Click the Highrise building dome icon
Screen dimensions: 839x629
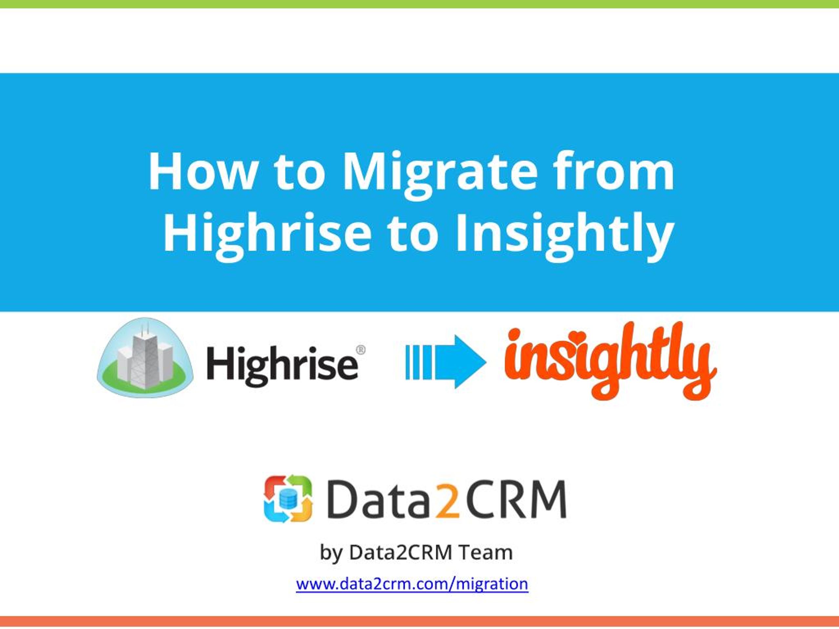point(145,357)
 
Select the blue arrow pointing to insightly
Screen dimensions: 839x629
point(446,362)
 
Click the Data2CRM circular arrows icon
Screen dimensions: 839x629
point(288,499)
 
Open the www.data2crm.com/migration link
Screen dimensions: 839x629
point(412,584)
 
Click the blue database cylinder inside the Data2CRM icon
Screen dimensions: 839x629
point(288,499)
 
